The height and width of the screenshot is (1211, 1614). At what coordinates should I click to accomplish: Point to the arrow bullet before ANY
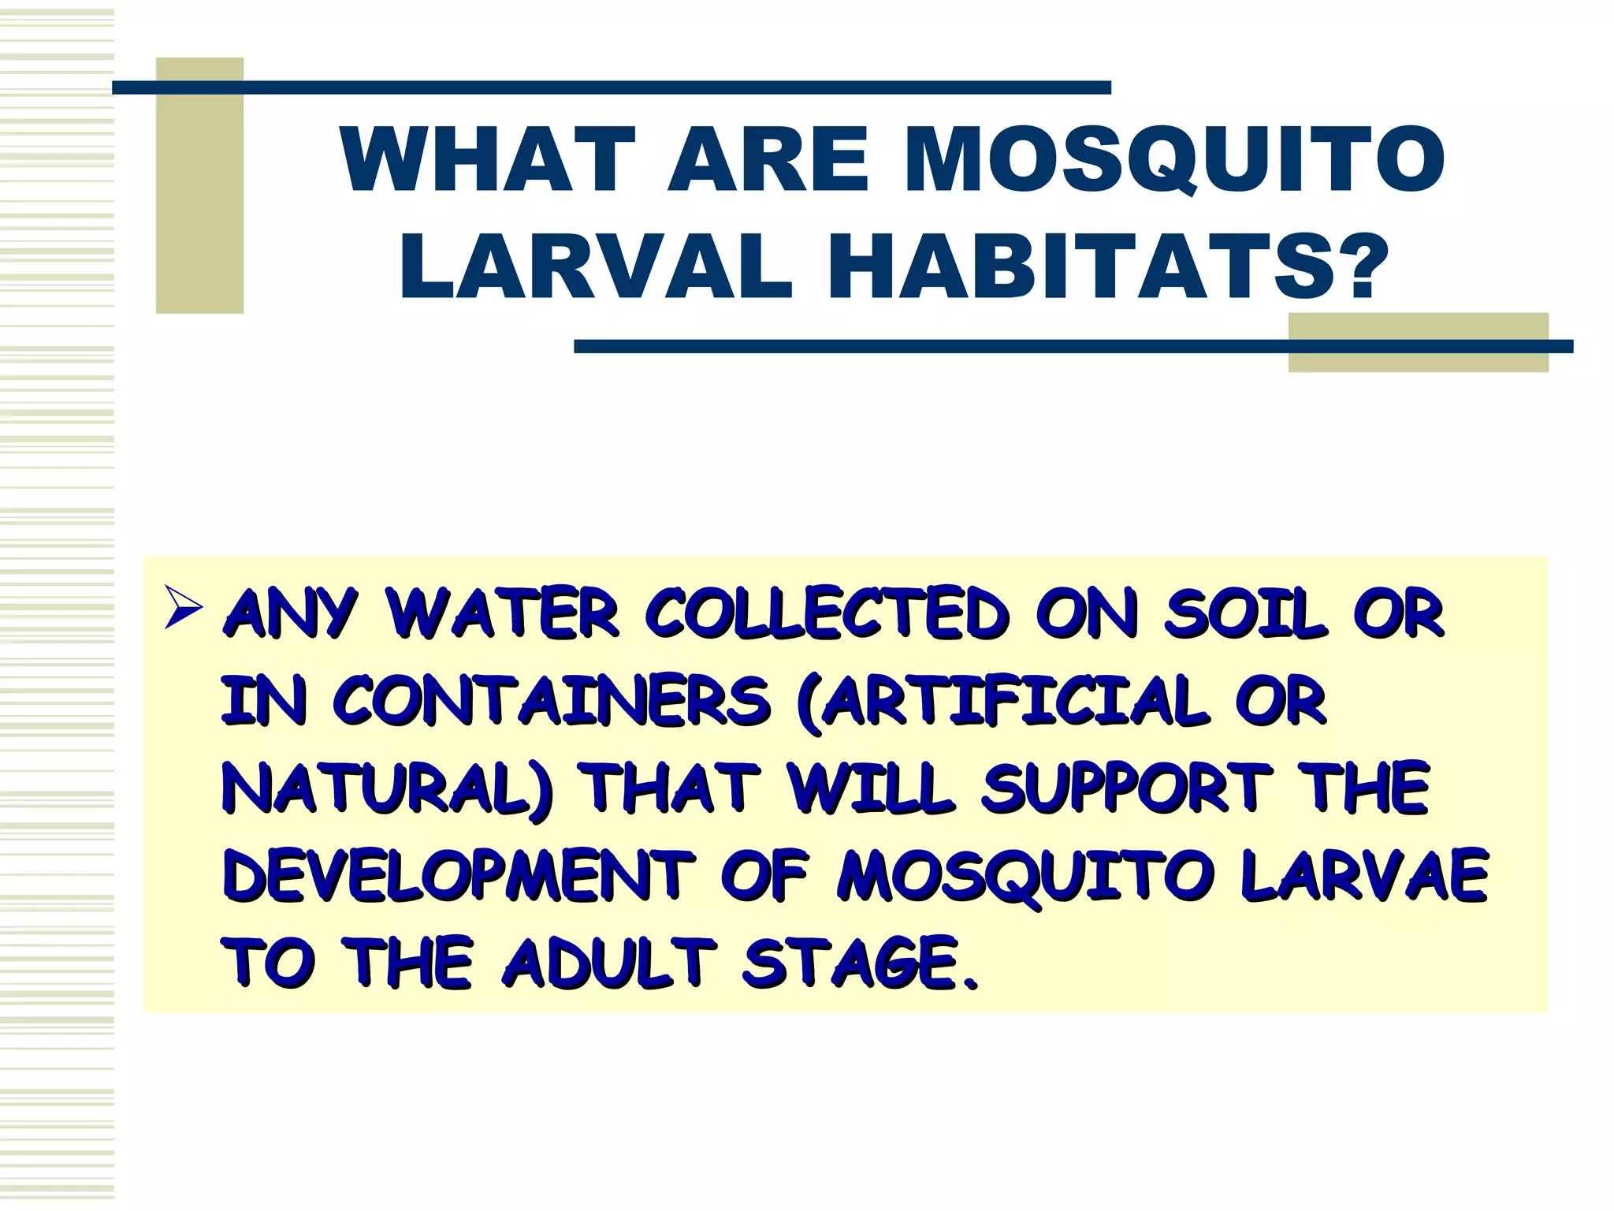[184, 609]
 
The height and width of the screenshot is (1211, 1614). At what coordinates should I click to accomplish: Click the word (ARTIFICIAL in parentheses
[1001, 701]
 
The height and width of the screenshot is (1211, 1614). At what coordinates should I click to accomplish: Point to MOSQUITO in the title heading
[1174, 160]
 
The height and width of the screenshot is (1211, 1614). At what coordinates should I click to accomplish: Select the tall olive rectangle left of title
[199, 185]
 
